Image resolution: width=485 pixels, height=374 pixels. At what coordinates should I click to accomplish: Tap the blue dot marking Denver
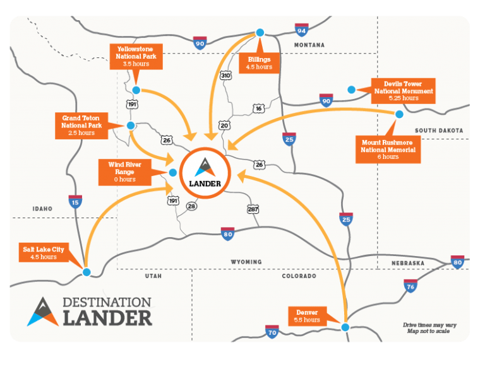point(345,327)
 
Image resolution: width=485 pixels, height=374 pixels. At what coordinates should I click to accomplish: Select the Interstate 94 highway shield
point(301,30)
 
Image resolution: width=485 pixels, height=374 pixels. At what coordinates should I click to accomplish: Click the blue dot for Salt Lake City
point(87,272)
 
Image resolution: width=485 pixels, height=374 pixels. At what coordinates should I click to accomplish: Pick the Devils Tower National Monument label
point(404,91)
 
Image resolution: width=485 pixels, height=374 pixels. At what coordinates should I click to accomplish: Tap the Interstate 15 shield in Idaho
point(75,202)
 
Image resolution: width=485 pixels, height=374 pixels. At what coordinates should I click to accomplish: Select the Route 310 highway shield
point(225,76)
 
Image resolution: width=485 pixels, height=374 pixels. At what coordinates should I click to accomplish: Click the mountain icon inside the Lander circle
point(203,167)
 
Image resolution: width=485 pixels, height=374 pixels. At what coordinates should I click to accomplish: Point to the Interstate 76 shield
point(410,287)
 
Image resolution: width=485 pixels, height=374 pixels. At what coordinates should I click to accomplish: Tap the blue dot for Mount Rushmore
point(399,114)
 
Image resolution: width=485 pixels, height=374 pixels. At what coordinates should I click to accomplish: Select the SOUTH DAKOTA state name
point(438,131)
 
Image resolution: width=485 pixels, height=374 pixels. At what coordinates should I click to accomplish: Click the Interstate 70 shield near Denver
point(272,331)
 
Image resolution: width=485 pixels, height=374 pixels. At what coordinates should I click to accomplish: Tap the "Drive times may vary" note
point(429,325)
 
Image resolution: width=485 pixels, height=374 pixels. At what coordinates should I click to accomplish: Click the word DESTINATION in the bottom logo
point(106,302)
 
